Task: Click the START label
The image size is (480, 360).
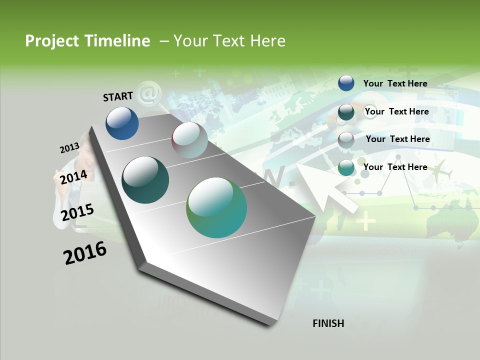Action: pyautogui.click(x=118, y=96)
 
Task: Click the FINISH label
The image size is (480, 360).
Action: pyautogui.click(x=328, y=323)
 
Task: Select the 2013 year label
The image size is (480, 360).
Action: pyautogui.click(x=69, y=148)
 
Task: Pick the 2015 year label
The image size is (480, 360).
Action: pyautogui.click(x=77, y=212)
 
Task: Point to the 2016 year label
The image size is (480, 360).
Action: pyautogui.click(x=85, y=253)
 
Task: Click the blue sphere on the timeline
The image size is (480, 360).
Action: pyautogui.click(x=122, y=123)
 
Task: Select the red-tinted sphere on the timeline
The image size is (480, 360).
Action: pyautogui.click(x=189, y=140)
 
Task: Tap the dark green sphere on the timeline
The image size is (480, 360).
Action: pyautogui.click(x=145, y=180)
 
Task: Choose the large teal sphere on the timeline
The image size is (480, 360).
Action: pyautogui.click(x=216, y=207)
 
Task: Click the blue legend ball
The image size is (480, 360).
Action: pyautogui.click(x=346, y=83)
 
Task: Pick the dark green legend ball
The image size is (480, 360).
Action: pyautogui.click(x=346, y=112)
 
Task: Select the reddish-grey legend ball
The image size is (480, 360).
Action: pyautogui.click(x=346, y=140)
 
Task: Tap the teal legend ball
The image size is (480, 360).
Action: pyautogui.click(x=346, y=168)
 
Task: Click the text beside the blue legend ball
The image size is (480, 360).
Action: pyautogui.click(x=395, y=83)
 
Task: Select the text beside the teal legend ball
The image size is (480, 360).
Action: pyautogui.click(x=395, y=167)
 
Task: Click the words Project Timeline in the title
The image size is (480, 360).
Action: pyautogui.click(x=87, y=41)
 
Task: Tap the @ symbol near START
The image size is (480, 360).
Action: pyautogui.click(x=147, y=93)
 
